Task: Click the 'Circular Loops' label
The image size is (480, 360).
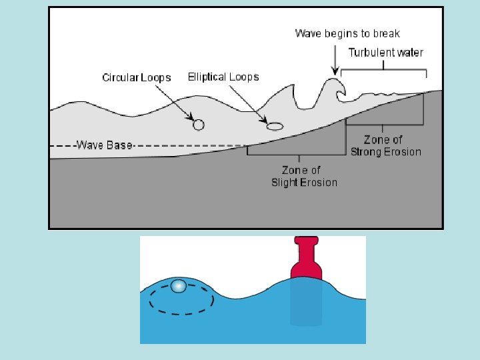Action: pos(136,77)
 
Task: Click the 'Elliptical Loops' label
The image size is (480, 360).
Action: pos(223,77)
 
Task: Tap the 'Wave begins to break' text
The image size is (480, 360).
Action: pos(347,33)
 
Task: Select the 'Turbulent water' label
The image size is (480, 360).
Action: pos(386,52)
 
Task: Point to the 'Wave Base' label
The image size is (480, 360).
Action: pos(105,145)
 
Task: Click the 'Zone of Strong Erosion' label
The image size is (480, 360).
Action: pos(386,145)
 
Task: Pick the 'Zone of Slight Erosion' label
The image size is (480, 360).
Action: pos(304,176)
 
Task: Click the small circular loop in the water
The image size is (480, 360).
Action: pos(198,124)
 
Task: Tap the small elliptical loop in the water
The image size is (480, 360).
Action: pos(275,125)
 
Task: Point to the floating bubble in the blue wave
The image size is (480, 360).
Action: pos(178,286)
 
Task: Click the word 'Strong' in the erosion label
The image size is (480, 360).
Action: pos(367,151)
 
